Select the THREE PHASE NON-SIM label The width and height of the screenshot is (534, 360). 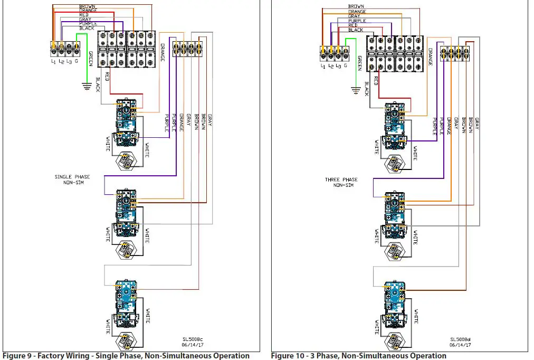[x=341, y=182]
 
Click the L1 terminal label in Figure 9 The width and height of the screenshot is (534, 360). [x=53, y=62]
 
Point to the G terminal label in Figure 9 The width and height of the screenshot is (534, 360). [x=77, y=62]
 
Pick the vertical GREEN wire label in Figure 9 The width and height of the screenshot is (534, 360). [x=91, y=58]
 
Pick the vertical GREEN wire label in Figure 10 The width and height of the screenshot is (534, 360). [x=359, y=63]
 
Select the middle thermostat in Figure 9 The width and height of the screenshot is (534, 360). [x=127, y=214]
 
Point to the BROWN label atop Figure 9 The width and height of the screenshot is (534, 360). [x=87, y=6]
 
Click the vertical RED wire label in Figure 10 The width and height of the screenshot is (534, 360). [x=376, y=81]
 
